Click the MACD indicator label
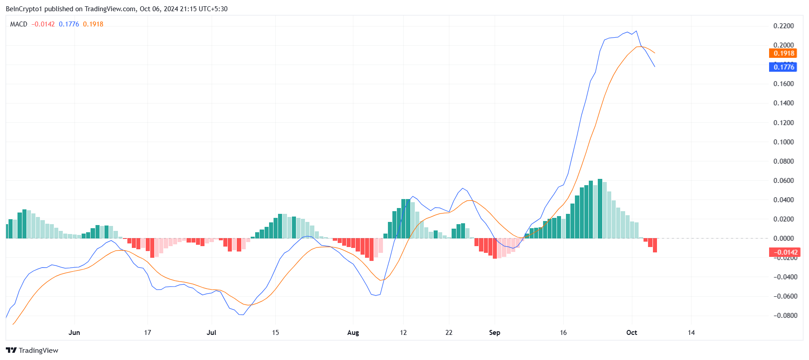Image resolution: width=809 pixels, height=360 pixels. (19, 24)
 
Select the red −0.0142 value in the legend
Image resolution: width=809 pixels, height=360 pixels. (43, 24)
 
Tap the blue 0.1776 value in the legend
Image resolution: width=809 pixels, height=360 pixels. (69, 24)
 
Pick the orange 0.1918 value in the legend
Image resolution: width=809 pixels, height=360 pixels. (93, 24)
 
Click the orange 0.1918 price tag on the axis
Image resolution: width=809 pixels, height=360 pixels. (783, 53)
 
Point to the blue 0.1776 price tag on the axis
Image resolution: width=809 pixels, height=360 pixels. (783, 67)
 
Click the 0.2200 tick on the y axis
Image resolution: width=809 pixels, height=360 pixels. (783, 26)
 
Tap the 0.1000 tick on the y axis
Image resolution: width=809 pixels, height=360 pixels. (783, 142)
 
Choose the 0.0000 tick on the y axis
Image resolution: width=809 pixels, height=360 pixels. (783, 239)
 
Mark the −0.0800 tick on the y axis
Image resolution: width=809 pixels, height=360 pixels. (783, 316)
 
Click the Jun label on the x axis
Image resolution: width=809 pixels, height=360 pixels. (74, 333)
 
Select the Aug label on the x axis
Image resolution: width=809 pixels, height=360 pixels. (353, 333)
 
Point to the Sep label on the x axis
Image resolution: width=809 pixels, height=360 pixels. (495, 333)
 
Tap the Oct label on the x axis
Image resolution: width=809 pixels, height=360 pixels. (631, 333)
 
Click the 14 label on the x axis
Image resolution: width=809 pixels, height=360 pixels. (691, 333)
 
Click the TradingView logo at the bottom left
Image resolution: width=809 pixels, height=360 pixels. (32, 351)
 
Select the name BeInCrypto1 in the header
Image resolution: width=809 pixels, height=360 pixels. (24, 9)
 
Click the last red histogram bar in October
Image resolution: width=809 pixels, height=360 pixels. (655, 245)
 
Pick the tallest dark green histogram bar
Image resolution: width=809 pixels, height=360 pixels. (600, 209)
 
